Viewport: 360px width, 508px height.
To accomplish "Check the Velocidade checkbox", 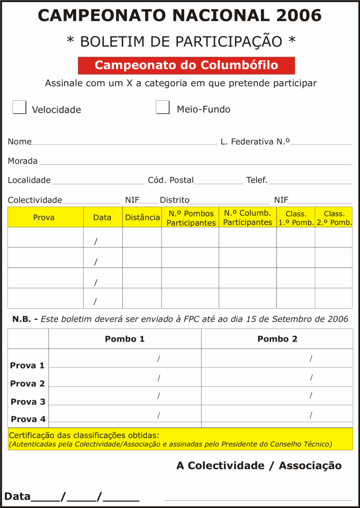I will coord(20,107).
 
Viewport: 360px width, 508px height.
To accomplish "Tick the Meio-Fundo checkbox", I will coord(163,107).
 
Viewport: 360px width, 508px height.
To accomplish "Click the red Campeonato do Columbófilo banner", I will coord(186,66).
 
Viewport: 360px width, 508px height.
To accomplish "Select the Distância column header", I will coord(142,217).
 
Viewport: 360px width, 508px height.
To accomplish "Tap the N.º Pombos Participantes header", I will coord(191,218).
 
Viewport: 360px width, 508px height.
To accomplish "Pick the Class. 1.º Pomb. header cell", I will coord(296,218).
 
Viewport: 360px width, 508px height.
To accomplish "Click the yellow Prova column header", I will coord(44,217).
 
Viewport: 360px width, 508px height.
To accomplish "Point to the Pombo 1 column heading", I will coord(124,339).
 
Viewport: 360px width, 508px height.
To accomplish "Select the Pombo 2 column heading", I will coord(277,339).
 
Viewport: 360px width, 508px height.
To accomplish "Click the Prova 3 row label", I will coord(28,402).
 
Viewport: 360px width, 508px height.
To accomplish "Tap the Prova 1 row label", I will coord(28,366).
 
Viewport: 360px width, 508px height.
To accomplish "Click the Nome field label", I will coord(20,142).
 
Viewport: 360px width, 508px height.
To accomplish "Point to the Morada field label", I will coord(23,161).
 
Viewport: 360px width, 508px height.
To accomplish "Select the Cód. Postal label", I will coord(170,180).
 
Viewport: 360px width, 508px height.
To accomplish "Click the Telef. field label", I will coord(257,180).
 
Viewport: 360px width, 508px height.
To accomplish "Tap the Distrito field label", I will coord(175,200).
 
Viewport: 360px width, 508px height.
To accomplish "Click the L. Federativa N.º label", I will coord(255,142).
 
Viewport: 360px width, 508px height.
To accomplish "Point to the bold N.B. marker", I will coord(22,319).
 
